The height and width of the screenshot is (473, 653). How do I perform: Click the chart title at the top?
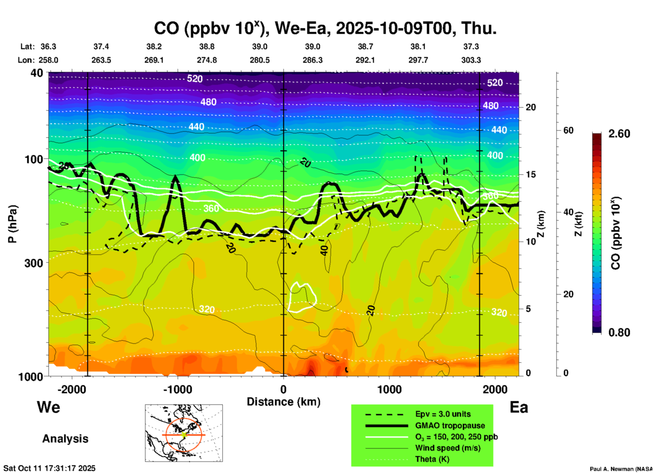pyautogui.click(x=325, y=28)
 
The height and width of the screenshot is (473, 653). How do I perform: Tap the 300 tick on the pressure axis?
pyautogui.click(x=34, y=263)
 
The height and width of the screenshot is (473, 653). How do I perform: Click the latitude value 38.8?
pyautogui.click(x=207, y=46)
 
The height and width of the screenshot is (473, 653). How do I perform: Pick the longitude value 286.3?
pyautogui.click(x=312, y=60)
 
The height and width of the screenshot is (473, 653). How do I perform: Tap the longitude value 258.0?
pyautogui.click(x=48, y=60)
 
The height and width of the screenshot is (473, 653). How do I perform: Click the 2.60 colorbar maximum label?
pyautogui.click(x=619, y=134)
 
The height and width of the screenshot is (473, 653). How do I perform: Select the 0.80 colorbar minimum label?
pyautogui.click(x=619, y=332)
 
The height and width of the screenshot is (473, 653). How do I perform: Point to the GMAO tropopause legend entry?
pyautogui.click(x=450, y=425)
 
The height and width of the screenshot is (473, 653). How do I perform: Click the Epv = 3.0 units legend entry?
pyautogui.click(x=443, y=414)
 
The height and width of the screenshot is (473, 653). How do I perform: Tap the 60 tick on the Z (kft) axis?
pyautogui.click(x=568, y=130)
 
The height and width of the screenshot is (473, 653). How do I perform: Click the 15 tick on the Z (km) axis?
pyautogui.click(x=531, y=174)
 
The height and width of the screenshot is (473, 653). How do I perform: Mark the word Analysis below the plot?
pyautogui.click(x=65, y=439)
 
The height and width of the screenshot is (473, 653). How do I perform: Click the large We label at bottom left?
pyautogui.click(x=48, y=407)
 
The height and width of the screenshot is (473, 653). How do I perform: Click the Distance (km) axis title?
pyautogui.click(x=283, y=402)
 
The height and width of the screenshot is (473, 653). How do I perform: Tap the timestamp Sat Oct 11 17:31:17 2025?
pyautogui.click(x=50, y=468)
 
